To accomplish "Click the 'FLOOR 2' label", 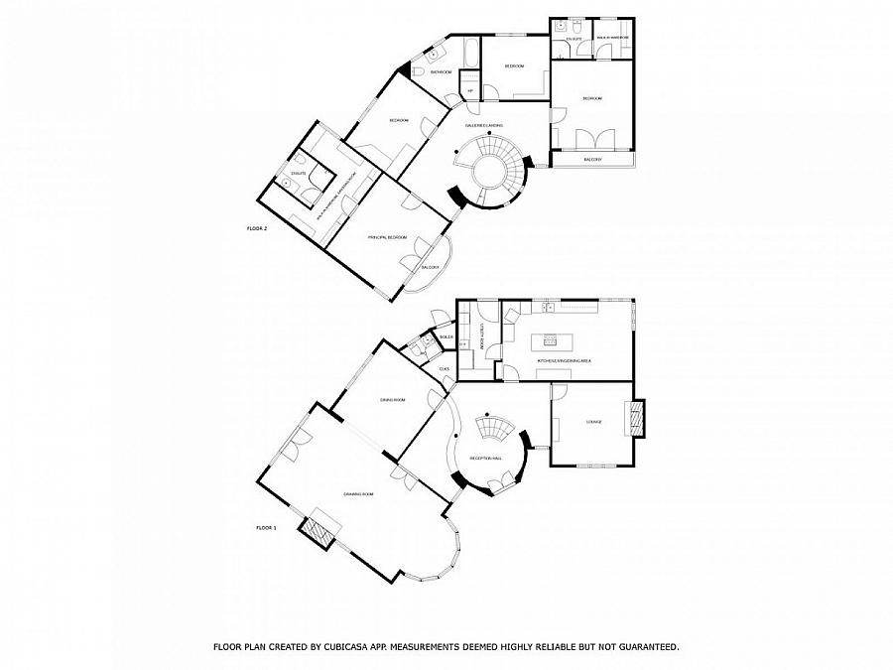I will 257,228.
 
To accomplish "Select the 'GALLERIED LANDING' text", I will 484,126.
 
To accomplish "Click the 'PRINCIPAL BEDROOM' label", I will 387,237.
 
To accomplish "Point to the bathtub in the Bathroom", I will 468,50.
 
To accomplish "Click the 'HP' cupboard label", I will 470,92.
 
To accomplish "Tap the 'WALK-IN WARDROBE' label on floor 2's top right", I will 612,37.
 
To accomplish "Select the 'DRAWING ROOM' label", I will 358,493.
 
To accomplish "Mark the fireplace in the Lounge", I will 635,418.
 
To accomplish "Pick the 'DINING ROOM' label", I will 393,400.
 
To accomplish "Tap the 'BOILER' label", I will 446,336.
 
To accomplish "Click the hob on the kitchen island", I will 549,337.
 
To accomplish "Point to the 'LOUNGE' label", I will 594,422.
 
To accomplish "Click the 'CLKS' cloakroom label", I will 444,369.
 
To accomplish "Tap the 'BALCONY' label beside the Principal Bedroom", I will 430,268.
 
